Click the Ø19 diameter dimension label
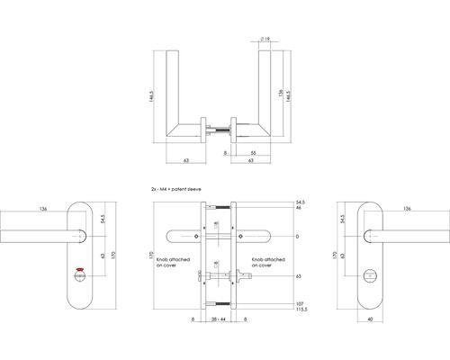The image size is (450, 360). (x=268, y=40)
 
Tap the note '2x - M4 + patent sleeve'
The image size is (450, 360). (x=184, y=191)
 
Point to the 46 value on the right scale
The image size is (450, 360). (x=299, y=209)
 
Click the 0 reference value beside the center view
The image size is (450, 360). (x=296, y=237)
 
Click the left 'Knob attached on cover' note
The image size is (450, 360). (x=168, y=262)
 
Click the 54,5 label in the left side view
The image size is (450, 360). (x=106, y=219)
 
